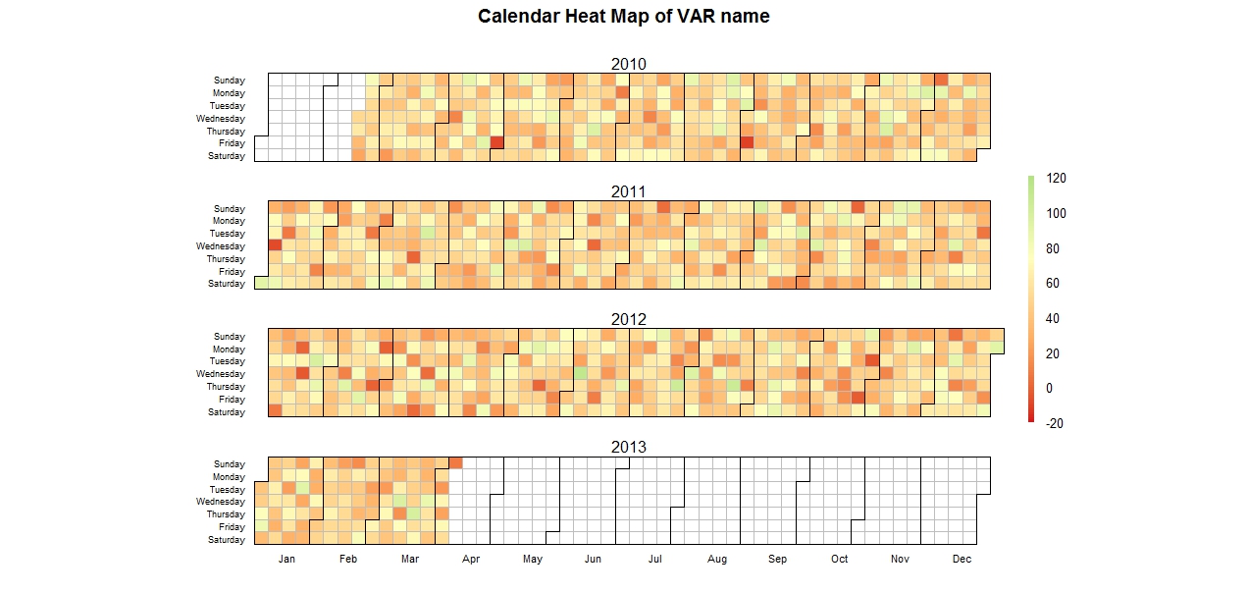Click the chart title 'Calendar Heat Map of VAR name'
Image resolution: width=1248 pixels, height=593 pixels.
click(x=623, y=17)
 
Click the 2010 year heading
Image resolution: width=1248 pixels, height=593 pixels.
click(x=628, y=64)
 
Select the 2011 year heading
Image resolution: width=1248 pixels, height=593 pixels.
click(x=628, y=191)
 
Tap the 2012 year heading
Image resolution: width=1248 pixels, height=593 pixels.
click(x=628, y=319)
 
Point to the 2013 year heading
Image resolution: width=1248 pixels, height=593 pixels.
click(x=628, y=447)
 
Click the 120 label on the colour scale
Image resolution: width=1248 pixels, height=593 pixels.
click(x=1057, y=179)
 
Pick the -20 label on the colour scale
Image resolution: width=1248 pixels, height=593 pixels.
click(x=1056, y=423)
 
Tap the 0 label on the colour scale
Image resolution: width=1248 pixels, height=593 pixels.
click(x=1050, y=388)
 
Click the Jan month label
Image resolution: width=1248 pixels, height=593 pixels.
click(x=286, y=560)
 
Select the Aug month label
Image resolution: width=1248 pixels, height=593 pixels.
click(x=717, y=560)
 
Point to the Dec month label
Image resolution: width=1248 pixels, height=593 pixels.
click(x=962, y=560)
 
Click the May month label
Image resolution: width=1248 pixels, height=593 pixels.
click(x=533, y=560)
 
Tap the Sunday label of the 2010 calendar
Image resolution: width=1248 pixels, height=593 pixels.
click(x=230, y=81)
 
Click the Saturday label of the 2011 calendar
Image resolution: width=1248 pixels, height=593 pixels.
click(x=227, y=284)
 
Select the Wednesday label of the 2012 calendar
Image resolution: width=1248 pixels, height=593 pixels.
click(x=221, y=374)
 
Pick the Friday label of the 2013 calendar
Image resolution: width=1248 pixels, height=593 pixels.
click(x=232, y=527)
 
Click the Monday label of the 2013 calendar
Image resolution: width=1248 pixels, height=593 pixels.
click(x=230, y=477)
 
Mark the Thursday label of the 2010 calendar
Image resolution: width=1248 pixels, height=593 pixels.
click(x=226, y=132)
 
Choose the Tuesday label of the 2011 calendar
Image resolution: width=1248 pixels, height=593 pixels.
click(x=227, y=234)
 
